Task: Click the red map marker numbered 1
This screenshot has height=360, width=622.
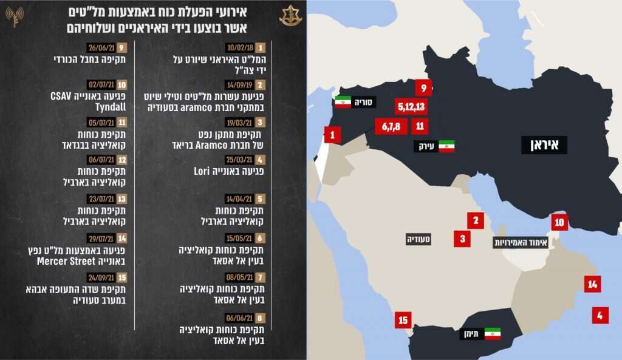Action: (332, 135)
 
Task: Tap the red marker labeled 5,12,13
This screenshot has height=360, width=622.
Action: (412, 107)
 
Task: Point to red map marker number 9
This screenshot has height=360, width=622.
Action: (424, 87)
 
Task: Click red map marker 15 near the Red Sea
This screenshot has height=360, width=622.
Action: (403, 320)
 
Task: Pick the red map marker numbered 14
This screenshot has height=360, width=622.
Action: (592, 284)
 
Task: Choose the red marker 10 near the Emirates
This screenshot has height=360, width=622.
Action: (559, 222)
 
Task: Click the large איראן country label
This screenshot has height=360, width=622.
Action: (544, 144)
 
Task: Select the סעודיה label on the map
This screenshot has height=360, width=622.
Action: (419, 240)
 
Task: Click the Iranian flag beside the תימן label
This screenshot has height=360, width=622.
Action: (492, 333)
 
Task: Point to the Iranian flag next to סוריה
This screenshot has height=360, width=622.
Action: (343, 102)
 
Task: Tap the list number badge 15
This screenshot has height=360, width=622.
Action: (123, 277)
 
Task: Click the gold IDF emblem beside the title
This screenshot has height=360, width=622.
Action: (290, 16)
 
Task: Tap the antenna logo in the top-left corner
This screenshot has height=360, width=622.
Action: (15, 16)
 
